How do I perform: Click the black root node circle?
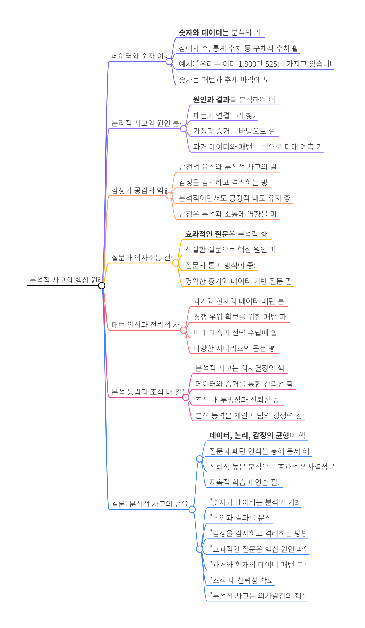tap(102, 286)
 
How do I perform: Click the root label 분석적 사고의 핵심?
tap(64, 280)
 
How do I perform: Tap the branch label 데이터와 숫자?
tap(139, 56)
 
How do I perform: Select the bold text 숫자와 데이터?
tap(200, 33)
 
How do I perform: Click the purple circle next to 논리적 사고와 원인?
tap(184, 129)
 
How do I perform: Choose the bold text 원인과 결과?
tap(211, 100)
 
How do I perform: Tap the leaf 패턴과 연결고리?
tap(224, 116)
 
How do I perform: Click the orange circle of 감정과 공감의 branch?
tap(169, 196)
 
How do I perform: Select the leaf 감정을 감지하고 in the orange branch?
tap(223, 183)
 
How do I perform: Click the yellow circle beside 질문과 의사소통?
tap(176, 263)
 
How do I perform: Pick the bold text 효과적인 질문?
tap(207, 234)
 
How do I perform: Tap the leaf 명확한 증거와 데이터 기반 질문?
tap(238, 281)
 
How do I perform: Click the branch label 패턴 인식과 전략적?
tap(146, 325)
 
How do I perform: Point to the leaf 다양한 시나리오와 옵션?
tap(234, 348)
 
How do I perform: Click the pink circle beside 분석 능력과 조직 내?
tap(186, 397)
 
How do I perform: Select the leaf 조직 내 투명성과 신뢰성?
tap(238, 400)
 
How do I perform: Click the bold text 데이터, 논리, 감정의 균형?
tap(249, 436)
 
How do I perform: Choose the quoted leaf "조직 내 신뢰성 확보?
tap(241, 580)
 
